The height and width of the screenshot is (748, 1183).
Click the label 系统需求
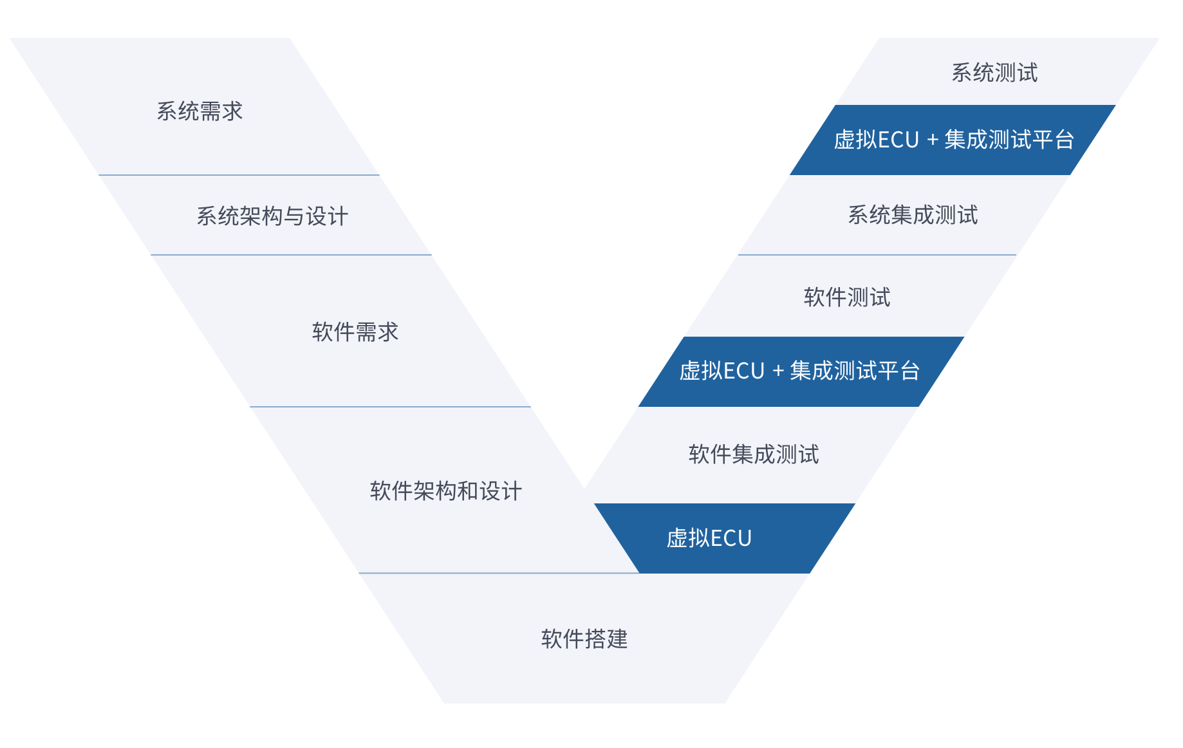tap(200, 111)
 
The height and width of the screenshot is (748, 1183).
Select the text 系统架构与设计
tap(272, 216)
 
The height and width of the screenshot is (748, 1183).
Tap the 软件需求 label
tap(355, 332)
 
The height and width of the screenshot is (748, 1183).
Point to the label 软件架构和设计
tap(445, 491)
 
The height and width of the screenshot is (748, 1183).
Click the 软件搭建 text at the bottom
tap(584, 639)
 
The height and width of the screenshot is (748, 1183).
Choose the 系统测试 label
tap(994, 73)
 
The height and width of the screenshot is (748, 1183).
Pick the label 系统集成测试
tap(913, 215)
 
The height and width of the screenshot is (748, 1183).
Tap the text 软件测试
tap(847, 297)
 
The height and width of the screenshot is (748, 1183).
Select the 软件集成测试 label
tap(754, 454)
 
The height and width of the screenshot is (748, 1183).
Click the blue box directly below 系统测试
tap(953, 140)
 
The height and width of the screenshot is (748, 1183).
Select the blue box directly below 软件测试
tap(800, 371)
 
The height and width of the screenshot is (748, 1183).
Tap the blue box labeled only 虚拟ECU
tap(724, 538)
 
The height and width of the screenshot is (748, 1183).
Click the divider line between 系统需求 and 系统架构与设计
tap(239, 175)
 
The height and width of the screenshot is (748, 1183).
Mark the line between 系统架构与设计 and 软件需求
tap(291, 255)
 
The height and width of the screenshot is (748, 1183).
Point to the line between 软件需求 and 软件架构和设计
tap(390, 407)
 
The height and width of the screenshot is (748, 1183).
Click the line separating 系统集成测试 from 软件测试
tap(877, 255)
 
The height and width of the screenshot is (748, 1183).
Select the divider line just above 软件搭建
tap(499, 573)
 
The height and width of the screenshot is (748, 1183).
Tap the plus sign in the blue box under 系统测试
tap(932, 140)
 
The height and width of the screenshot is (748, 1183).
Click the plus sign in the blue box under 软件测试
tap(778, 371)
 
